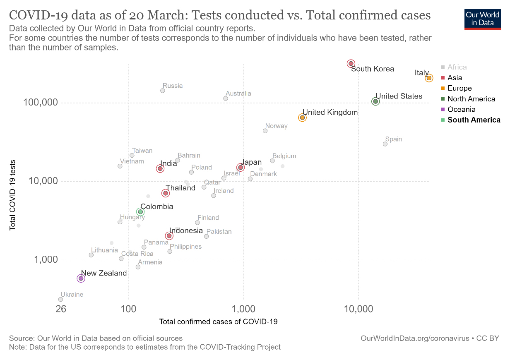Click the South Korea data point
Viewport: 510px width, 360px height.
[x=351, y=63]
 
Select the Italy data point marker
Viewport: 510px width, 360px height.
[x=429, y=78]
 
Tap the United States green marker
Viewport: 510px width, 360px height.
[x=375, y=101]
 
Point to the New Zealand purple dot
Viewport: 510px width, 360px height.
[x=81, y=278]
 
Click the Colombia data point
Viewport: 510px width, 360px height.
[x=140, y=212]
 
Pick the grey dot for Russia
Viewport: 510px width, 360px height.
[x=162, y=91]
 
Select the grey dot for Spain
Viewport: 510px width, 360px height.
[x=385, y=144]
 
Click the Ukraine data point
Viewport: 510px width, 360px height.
[x=60, y=299]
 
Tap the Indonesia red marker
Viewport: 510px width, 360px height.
[x=169, y=236]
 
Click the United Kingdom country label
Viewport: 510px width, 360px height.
[x=330, y=112]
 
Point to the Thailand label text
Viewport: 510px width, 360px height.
[x=180, y=188]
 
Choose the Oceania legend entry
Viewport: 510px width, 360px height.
[x=461, y=109]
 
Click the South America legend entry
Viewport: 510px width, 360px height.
[x=474, y=120]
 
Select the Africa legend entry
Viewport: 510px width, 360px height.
[x=457, y=67]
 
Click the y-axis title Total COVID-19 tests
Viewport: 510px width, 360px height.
[x=13, y=194]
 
